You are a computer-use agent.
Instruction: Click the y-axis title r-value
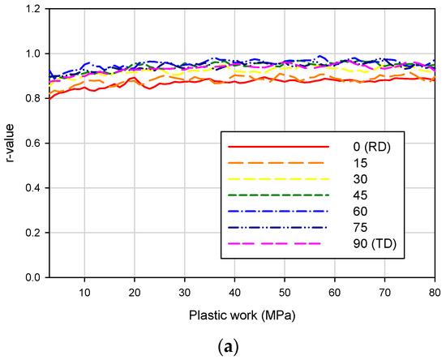coord(11,144)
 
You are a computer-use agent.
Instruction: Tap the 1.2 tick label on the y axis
coord(33,10)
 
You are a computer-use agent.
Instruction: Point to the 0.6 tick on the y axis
coord(33,144)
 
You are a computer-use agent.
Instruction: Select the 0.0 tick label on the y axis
coord(33,277)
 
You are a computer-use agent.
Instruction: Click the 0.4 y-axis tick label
coord(33,188)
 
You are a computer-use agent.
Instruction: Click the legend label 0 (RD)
coord(371,147)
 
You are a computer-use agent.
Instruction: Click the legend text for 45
coord(362,195)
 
